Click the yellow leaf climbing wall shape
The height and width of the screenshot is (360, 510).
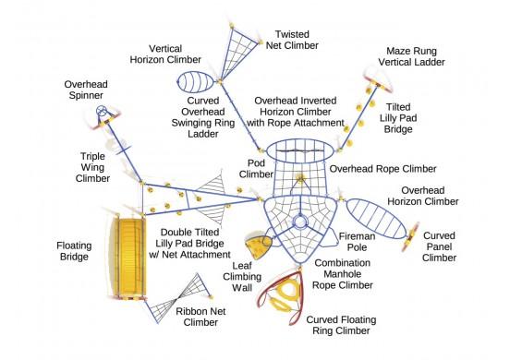point(257,245)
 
